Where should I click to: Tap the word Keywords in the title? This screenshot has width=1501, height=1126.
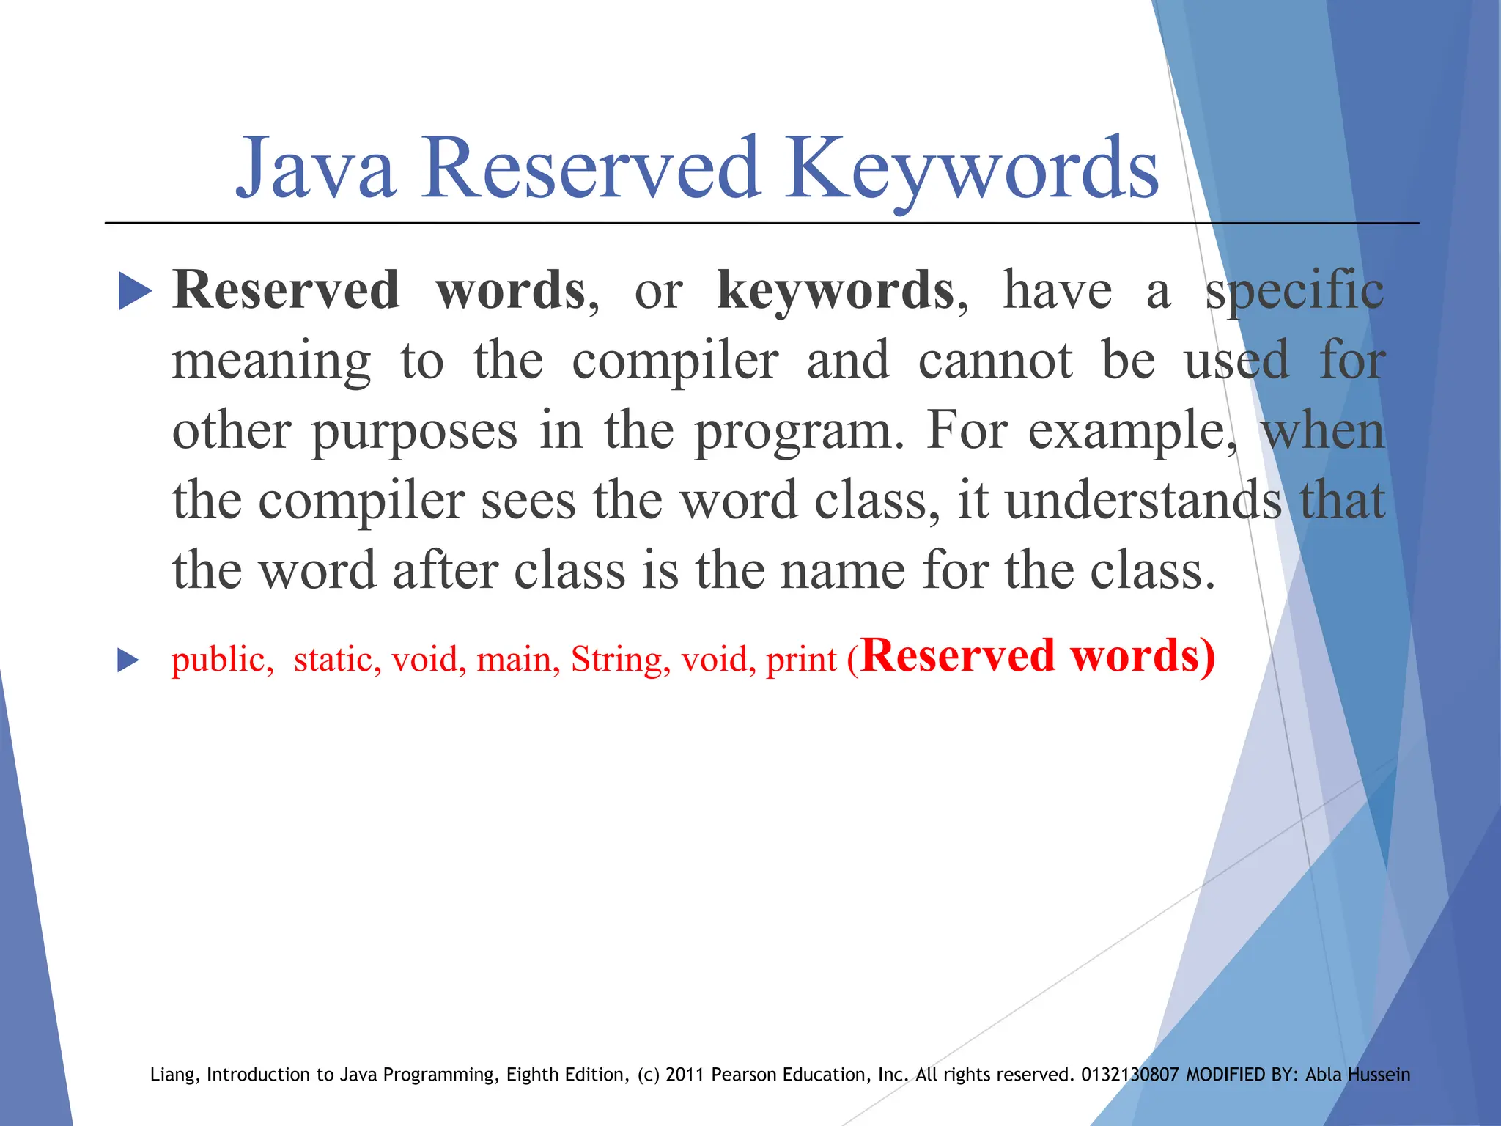point(971,170)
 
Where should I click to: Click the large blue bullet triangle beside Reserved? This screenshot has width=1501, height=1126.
point(134,292)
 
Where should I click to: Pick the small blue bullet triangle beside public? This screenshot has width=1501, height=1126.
point(128,660)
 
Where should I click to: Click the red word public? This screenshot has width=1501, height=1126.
point(218,660)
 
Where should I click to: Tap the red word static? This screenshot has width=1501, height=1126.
point(333,658)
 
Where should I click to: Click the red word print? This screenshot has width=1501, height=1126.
point(800,660)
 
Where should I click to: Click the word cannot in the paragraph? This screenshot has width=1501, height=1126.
point(995,361)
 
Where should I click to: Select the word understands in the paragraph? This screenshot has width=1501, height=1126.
point(1143,501)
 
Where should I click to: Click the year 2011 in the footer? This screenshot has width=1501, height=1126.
point(685,1075)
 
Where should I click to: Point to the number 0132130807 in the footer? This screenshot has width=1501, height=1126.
point(1129,1075)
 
